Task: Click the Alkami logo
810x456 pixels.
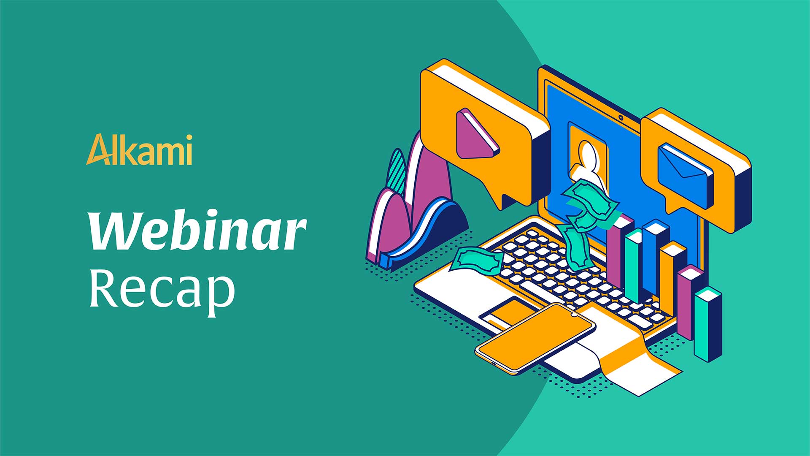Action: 139,149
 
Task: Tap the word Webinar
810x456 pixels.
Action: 197,231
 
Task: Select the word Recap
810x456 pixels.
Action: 162,291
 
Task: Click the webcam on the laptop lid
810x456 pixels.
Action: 621,117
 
